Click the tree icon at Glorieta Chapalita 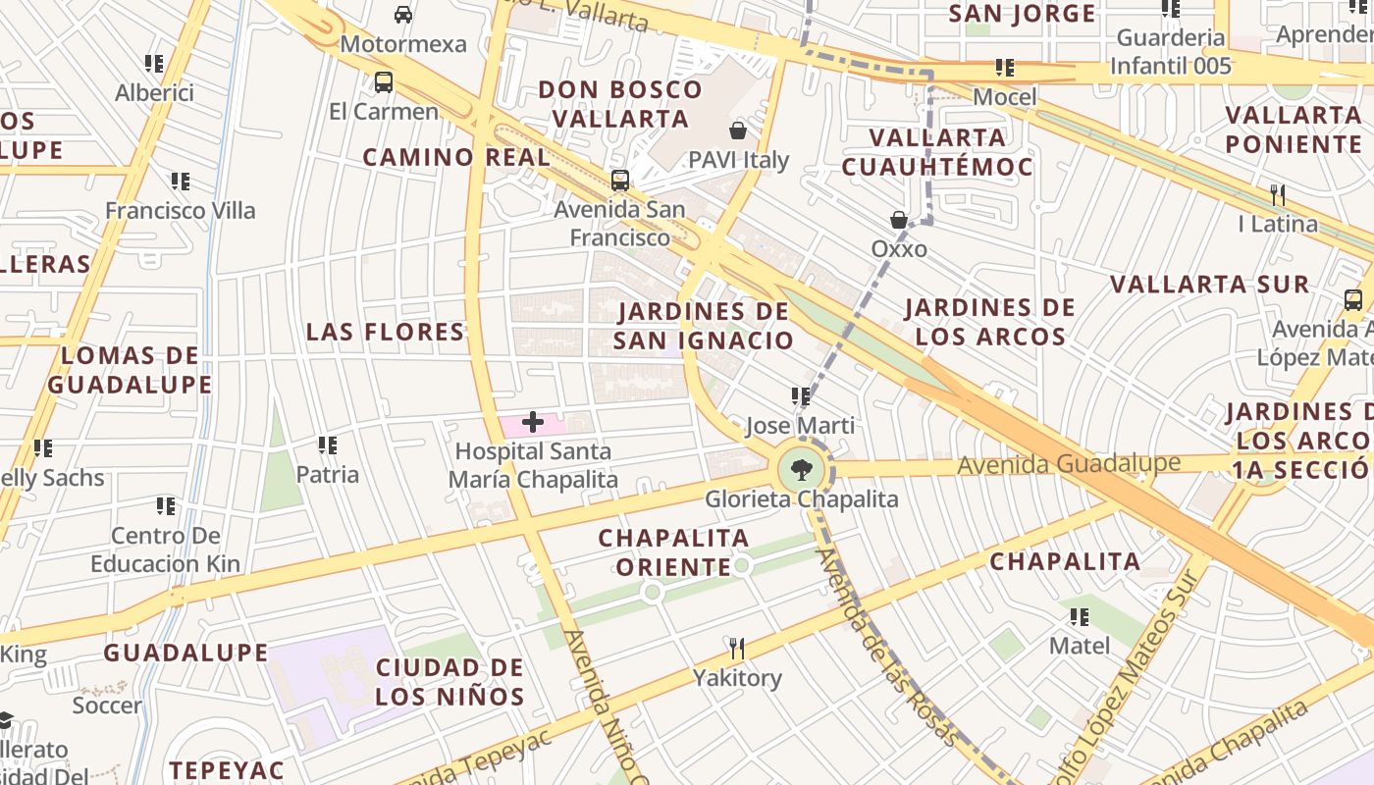(x=802, y=469)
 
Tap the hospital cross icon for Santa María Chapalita (x=533, y=423)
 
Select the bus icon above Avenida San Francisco (x=620, y=181)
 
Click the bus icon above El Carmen (x=384, y=82)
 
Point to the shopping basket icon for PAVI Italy (x=738, y=131)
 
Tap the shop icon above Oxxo (x=898, y=220)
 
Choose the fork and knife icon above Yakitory (x=737, y=648)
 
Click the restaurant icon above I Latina (x=1277, y=194)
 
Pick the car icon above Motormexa (x=402, y=15)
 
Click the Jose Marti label (x=800, y=426)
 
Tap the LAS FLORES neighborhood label (x=385, y=332)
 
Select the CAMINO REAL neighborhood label (x=456, y=157)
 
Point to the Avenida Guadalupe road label (x=1069, y=463)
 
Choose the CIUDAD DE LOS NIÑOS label (x=450, y=682)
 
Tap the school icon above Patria (x=328, y=445)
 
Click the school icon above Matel (x=1080, y=617)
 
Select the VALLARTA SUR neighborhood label (x=1209, y=285)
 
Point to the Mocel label (x=1005, y=97)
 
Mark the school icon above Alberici (x=154, y=64)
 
